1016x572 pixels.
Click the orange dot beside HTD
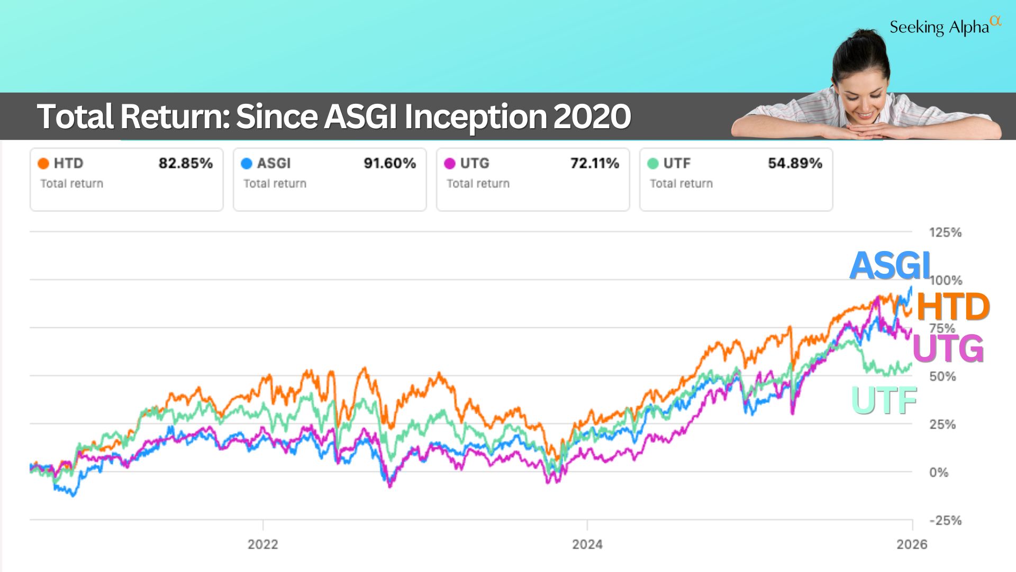pos(43,164)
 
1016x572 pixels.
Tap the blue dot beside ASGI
pos(247,164)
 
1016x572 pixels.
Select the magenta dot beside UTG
pos(450,164)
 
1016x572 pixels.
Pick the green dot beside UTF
pos(653,164)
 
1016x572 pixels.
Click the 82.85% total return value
pos(186,163)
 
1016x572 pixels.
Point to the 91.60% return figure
pos(389,163)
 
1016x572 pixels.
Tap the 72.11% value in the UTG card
pos(594,163)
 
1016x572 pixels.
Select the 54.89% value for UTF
pos(795,163)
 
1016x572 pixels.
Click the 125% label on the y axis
pos(945,233)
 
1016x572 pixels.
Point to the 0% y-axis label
pos(939,472)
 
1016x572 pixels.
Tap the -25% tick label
pos(945,521)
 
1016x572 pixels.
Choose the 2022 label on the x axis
pos(262,544)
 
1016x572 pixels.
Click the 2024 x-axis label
pos(587,544)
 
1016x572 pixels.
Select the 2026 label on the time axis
pos(912,544)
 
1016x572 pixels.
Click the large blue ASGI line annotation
pos(890,265)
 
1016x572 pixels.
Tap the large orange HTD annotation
pos(952,307)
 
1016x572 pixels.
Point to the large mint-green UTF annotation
pos(884,401)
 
